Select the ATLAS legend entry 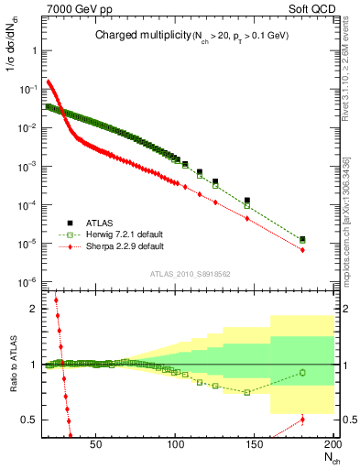[98, 222]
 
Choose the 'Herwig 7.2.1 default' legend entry [125, 234]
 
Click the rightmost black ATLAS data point [302, 239]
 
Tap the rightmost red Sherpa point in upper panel [302, 250]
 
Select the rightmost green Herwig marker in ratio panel [302, 372]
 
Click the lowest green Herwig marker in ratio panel [247, 392]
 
